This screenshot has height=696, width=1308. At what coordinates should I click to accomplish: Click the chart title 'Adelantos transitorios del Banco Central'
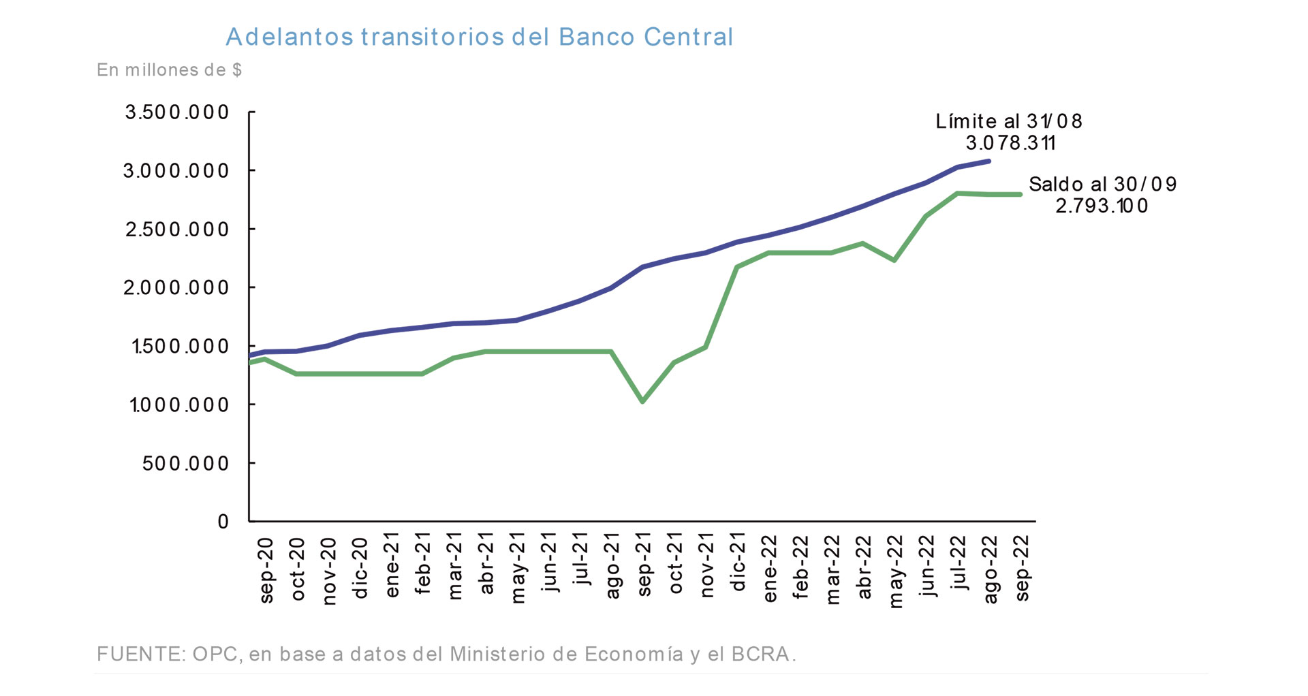tap(479, 37)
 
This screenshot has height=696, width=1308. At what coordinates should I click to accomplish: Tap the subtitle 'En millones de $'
tap(169, 70)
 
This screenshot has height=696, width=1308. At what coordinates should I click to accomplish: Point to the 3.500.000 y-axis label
tap(177, 112)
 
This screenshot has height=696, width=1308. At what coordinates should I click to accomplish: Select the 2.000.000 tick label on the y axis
tap(177, 288)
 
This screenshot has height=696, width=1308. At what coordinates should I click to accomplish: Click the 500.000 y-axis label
tap(186, 464)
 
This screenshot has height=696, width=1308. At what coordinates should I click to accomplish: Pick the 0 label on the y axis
tap(223, 522)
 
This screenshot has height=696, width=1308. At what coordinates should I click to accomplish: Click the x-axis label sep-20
tap(266, 570)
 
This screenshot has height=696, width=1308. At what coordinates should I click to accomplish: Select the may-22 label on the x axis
tap(896, 571)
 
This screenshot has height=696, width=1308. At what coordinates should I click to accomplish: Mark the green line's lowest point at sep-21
tap(642, 401)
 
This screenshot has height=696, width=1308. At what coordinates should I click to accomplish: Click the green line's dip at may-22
tap(894, 260)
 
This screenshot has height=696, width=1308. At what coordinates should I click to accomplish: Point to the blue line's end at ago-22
tap(988, 161)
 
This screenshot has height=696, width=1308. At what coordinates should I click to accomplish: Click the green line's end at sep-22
tap(1020, 195)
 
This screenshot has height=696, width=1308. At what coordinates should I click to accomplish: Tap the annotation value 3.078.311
tap(1010, 143)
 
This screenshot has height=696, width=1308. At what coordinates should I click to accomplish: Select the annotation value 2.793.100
tap(1102, 206)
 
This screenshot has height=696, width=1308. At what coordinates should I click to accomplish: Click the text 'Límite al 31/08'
tap(1008, 121)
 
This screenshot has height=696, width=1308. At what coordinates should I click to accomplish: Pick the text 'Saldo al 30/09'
tap(1102, 185)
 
